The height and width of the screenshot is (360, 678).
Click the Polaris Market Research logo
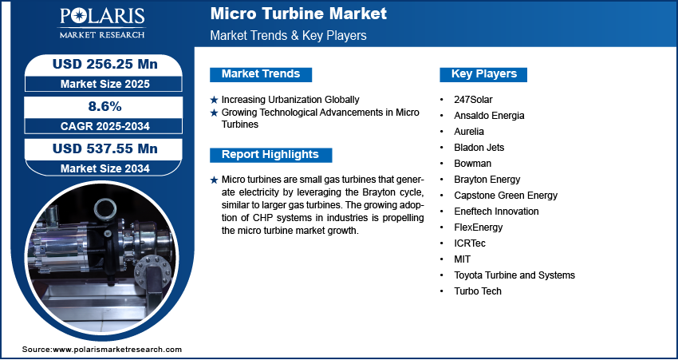[102, 22]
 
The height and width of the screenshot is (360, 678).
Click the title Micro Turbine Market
[298, 14]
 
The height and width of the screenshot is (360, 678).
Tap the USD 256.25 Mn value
[105, 64]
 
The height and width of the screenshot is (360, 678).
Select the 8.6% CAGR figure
[105, 106]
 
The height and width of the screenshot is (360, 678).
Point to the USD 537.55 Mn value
[105, 148]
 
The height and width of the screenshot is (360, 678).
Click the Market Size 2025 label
[105, 84]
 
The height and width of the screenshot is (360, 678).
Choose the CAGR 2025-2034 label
[105, 126]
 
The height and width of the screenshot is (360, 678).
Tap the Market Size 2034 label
[105, 168]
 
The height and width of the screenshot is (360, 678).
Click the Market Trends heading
[261, 74]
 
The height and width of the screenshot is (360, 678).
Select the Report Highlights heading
[270, 155]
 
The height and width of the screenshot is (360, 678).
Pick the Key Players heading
[484, 74]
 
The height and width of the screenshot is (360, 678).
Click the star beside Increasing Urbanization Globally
[214, 100]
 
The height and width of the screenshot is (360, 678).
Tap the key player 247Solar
[473, 100]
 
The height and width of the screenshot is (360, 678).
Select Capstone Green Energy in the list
[506, 196]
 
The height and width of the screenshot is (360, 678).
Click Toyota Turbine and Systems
[514, 275]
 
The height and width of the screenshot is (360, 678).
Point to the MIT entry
[462, 259]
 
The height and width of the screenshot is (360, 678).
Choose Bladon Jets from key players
[479, 148]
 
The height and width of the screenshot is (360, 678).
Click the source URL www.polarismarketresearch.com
[117, 350]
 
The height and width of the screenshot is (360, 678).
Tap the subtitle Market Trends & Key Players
[288, 35]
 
